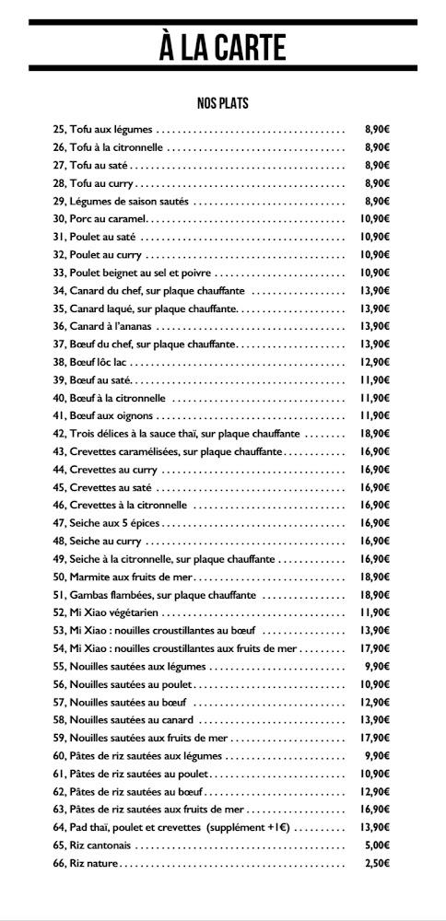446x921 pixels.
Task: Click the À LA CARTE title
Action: [x=222, y=46]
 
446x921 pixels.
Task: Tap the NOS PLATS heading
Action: [x=222, y=103]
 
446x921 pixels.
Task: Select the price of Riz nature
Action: [x=378, y=863]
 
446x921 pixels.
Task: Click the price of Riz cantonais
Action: [x=378, y=845]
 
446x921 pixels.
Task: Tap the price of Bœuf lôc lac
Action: [x=375, y=362]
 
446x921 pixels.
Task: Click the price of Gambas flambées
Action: [x=375, y=595]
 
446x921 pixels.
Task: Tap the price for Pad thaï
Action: [x=375, y=827]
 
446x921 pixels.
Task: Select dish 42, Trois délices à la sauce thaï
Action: [x=176, y=434]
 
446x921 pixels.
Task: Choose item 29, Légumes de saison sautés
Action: [x=120, y=201]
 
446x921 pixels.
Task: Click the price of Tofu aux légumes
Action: [x=377, y=129]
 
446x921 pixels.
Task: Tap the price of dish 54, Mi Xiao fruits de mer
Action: [x=375, y=648]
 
